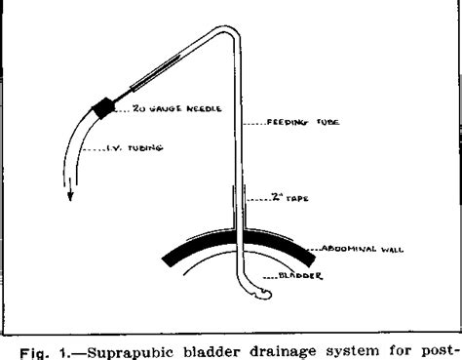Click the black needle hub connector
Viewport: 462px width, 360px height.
click(x=102, y=110)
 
